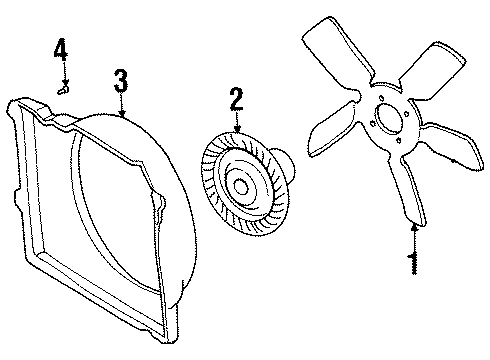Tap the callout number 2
[236, 99]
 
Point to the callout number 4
[61, 49]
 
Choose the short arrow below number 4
[63, 73]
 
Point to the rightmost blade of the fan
[455, 150]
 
